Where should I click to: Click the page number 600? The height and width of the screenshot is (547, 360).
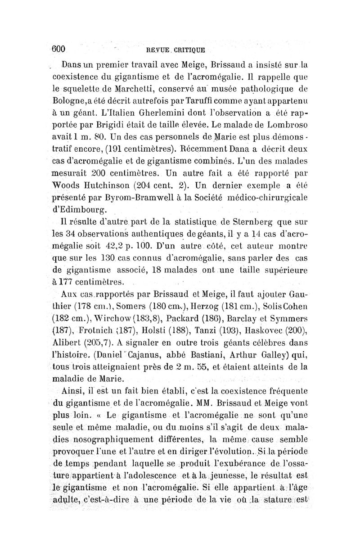[60, 49]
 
